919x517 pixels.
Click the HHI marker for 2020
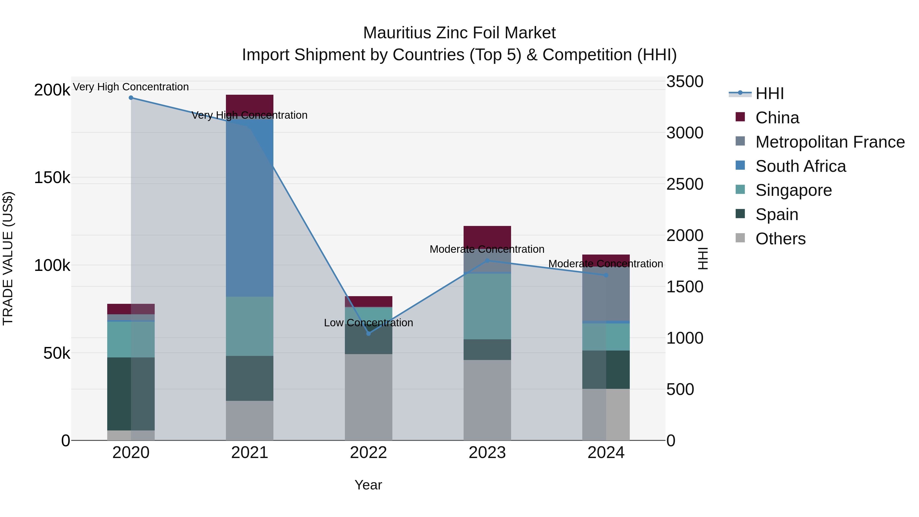(131, 98)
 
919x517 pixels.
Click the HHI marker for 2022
(369, 334)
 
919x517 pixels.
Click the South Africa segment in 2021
(249, 207)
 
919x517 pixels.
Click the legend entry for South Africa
(800, 166)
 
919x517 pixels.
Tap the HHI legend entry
(769, 93)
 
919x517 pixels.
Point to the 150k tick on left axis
(52, 177)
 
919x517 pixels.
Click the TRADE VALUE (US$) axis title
(8, 258)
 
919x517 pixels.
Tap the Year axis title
(368, 485)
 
